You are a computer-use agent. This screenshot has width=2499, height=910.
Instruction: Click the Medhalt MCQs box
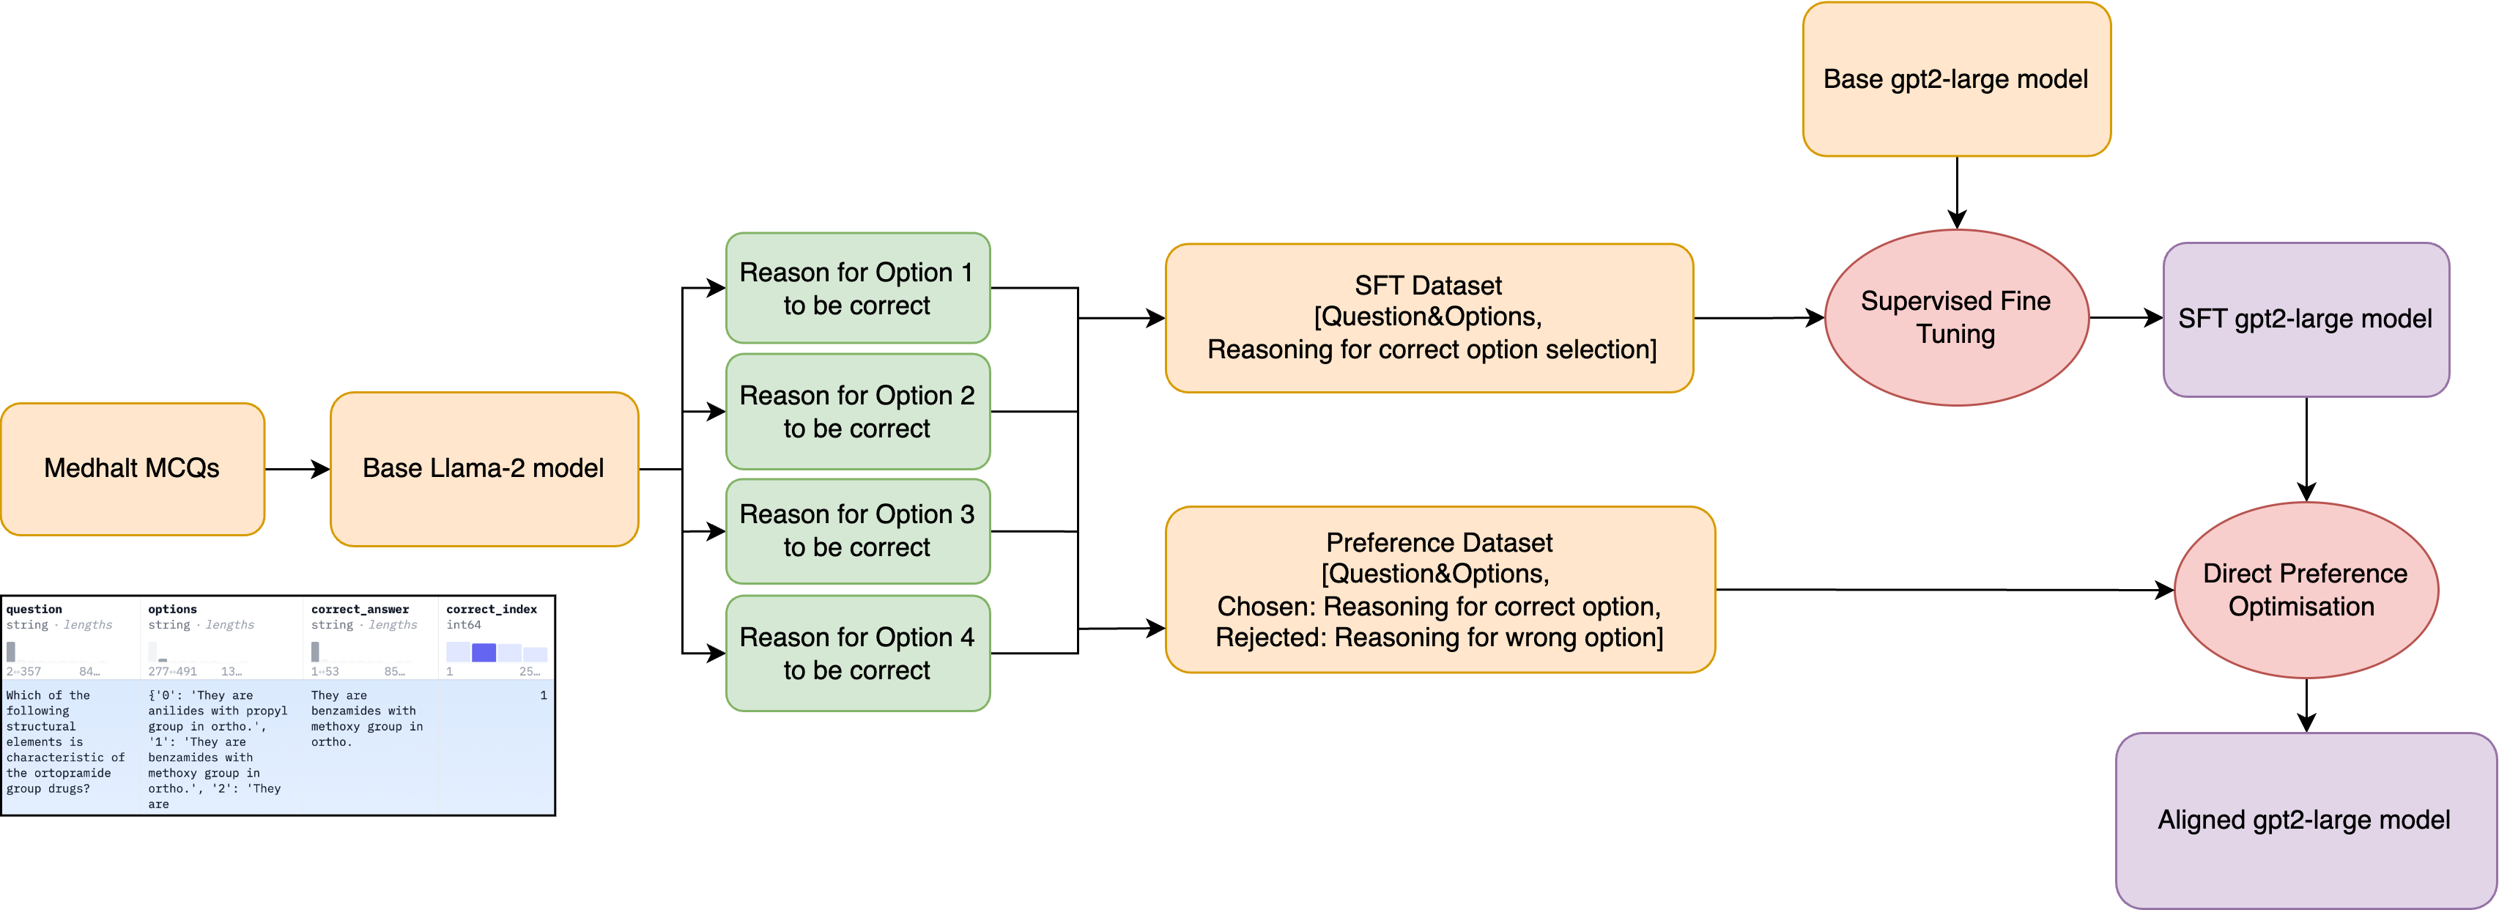click(133, 469)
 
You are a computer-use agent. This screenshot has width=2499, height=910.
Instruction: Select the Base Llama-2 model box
click(483, 469)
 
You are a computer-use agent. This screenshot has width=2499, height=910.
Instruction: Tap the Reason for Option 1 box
click(858, 288)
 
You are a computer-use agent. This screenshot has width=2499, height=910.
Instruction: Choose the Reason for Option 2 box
click(858, 411)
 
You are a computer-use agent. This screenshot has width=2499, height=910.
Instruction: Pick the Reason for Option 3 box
click(858, 530)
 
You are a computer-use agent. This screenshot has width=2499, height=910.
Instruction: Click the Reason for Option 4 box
click(858, 653)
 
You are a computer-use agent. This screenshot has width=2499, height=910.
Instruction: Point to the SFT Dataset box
click(1428, 317)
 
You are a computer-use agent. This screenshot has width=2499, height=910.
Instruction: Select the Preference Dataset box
click(1440, 589)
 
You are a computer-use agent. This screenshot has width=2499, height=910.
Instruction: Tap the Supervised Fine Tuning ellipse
click(1955, 317)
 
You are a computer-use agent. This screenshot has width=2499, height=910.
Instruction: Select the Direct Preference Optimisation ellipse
click(2305, 589)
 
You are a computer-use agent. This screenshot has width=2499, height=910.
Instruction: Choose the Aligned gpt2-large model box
click(2305, 820)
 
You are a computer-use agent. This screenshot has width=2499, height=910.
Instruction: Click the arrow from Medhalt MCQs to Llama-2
click(296, 470)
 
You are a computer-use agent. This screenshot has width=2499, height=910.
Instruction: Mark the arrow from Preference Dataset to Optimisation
click(1940, 589)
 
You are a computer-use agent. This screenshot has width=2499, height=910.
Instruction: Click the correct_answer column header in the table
click(360, 610)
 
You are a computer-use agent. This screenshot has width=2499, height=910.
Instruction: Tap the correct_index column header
click(491, 610)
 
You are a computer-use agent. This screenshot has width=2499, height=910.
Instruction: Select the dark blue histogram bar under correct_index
click(483, 653)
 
